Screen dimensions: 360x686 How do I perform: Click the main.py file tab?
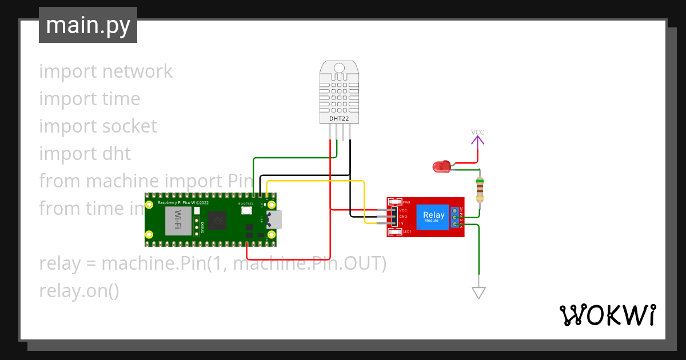88,25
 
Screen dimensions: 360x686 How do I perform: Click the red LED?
441,167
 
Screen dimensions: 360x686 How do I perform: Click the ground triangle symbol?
478,293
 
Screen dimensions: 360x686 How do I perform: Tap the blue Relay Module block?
434,217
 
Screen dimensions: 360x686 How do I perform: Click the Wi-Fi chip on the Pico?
178,220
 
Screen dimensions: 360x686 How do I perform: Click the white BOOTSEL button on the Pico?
246,210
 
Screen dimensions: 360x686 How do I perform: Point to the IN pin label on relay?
401,223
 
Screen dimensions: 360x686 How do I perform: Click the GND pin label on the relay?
402,217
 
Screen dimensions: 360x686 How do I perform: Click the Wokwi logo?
607,315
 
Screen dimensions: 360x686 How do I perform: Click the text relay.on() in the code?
79,291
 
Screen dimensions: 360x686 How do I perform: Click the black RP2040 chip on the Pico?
217,220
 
